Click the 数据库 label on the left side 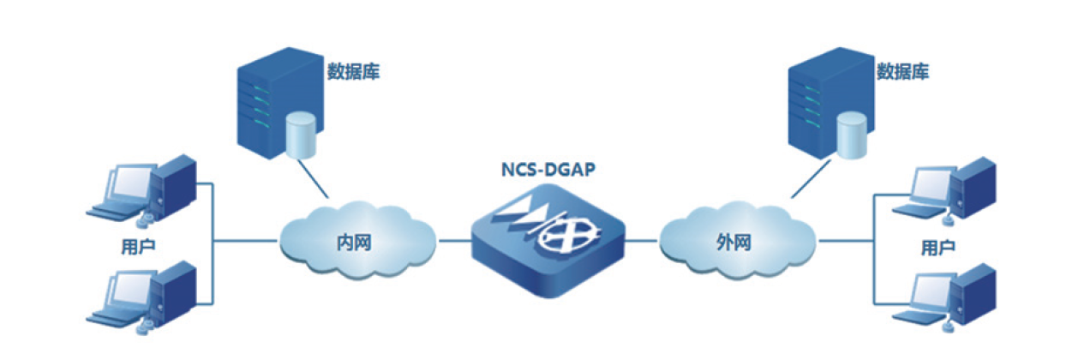353,72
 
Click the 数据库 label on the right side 902,72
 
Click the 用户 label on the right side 938,248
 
